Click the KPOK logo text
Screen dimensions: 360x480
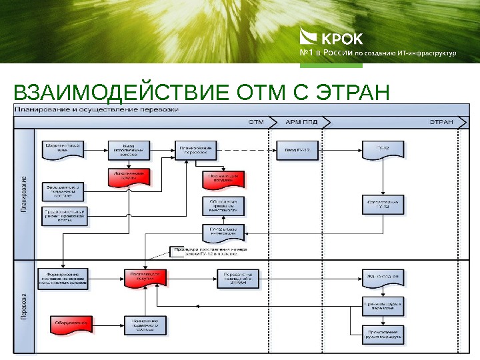tap(343, 38)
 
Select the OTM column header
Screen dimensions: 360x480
tap(256, 122)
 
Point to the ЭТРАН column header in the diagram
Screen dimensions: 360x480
tap(441, 122)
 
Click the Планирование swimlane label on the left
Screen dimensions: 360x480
tap(24, 194)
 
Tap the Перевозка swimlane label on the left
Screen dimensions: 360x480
tap(24, 307)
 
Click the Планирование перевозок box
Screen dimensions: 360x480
tap(195, 151)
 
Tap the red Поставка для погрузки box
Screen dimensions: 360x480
tap(145, 277)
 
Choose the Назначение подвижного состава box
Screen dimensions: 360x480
tap(145, 325)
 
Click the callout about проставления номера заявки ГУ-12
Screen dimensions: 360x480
tap(207, 251)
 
